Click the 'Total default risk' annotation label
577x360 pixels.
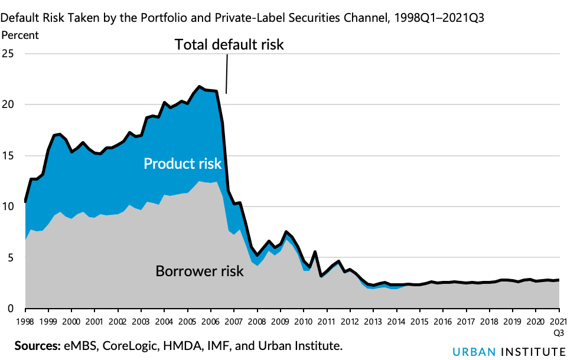229,44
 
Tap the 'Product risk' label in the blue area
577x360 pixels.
182,163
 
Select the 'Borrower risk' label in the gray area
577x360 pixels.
199,271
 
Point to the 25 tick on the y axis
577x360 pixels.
8,54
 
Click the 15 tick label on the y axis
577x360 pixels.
8,156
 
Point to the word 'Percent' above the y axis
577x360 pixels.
19,35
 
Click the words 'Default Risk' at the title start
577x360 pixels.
27,17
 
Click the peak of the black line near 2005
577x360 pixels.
199,86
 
